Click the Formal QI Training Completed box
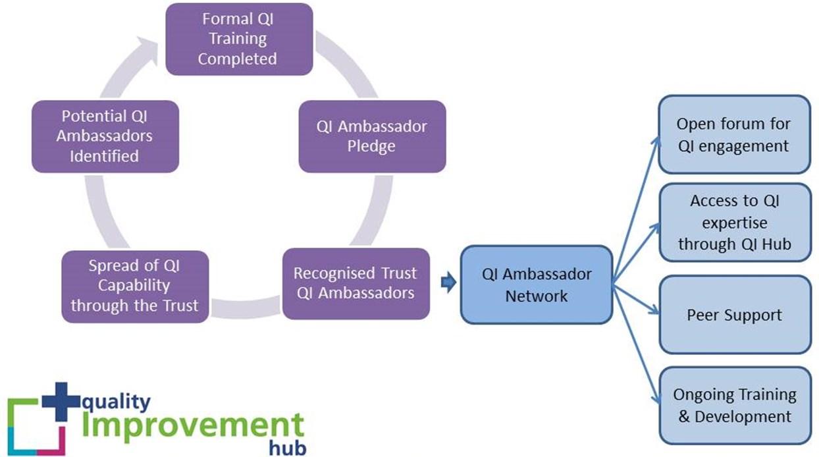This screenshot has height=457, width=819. click(238, 39)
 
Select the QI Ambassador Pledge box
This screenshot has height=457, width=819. click(372, 136)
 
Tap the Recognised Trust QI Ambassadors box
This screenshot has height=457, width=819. click(356, 283)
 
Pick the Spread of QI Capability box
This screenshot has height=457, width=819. click(135, 286)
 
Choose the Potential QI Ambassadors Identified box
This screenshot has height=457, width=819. click(105, 136)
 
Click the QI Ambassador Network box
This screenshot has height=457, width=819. click(537, 284)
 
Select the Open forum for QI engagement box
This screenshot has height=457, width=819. click(733, 134)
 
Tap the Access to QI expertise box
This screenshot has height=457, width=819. click(734, 223)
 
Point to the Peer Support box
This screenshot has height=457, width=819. click(734, 315)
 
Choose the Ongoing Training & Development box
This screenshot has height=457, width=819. click(734, 406)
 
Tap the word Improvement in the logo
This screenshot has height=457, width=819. click(192, 425)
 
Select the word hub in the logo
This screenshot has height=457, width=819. click(288, 448)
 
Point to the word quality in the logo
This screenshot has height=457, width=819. click(116, 401)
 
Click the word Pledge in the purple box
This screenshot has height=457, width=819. click(371, 146)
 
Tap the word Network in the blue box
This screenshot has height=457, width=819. click(536, 296)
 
